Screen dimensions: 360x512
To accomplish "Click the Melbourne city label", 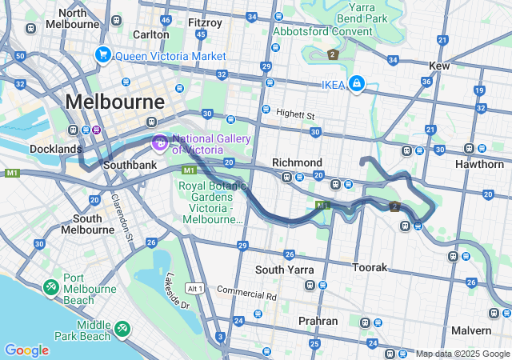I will [x=115, y=102].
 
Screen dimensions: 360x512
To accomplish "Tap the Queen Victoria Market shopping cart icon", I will [x=102, y=54].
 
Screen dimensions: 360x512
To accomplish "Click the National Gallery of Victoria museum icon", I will [x=159, y=143].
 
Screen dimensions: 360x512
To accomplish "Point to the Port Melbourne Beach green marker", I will [x=50, y=286].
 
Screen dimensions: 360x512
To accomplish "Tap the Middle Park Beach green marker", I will [x=122, y=328].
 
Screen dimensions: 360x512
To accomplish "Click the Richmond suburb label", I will [x=297, y=162].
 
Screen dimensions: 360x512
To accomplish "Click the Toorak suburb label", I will [x=370, y=266].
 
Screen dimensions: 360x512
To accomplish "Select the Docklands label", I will [x=55, y=149].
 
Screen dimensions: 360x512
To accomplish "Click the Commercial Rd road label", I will [x=246, y=294].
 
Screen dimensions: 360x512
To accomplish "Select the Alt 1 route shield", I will [x=194, y=288].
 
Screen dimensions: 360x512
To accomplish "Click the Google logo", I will [x=26, y=350].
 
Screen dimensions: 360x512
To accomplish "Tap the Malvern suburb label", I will [x=471, y=330].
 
